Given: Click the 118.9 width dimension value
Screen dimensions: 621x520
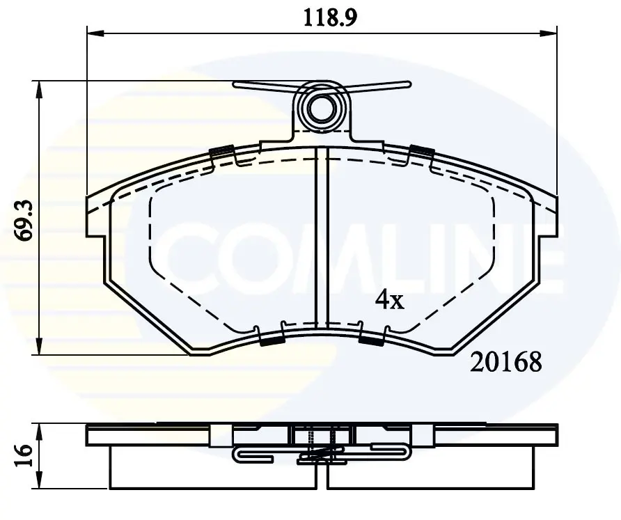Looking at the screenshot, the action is coord(330,17).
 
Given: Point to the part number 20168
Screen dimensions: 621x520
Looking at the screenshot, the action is coord(505,362).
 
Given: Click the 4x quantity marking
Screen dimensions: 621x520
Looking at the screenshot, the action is coord(390,300).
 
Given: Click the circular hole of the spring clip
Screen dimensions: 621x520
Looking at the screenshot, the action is coord(321,107).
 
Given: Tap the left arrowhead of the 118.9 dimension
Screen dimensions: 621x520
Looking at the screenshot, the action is coord(95,33).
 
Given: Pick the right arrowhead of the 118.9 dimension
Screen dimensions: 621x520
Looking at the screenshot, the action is coord(549,33).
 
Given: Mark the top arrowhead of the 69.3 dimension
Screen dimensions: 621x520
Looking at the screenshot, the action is coord(38,89).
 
